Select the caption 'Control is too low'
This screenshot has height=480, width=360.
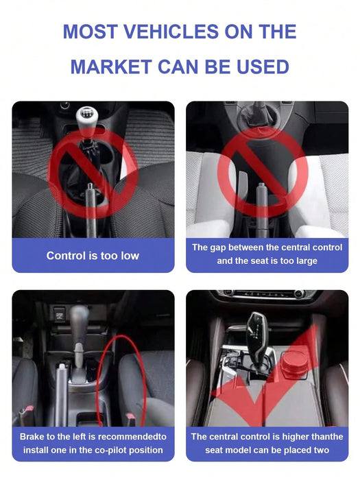click(93, 256)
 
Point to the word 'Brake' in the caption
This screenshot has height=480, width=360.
click(34, 436)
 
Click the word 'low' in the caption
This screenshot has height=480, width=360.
click(129, 256)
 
